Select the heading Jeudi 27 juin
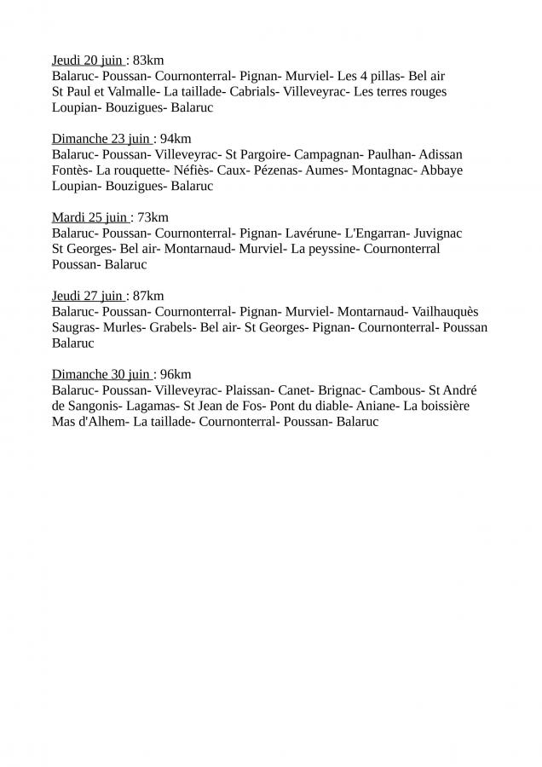click(x=88, y=296)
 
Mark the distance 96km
click(x=176, y=374)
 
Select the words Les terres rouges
click(x=400, y=92)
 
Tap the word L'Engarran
click(x=376, y=234)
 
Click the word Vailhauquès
click(x=458, y=312)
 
